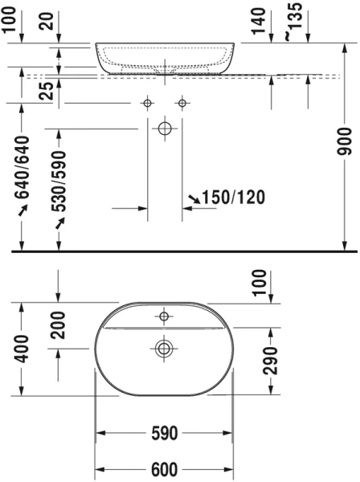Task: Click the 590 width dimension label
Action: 164,434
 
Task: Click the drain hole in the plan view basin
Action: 165,348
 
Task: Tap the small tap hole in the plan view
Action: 164,317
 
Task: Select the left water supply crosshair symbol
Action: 147,103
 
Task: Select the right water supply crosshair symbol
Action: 182,103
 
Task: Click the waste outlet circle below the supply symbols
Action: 165,128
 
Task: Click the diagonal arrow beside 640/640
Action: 22,210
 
